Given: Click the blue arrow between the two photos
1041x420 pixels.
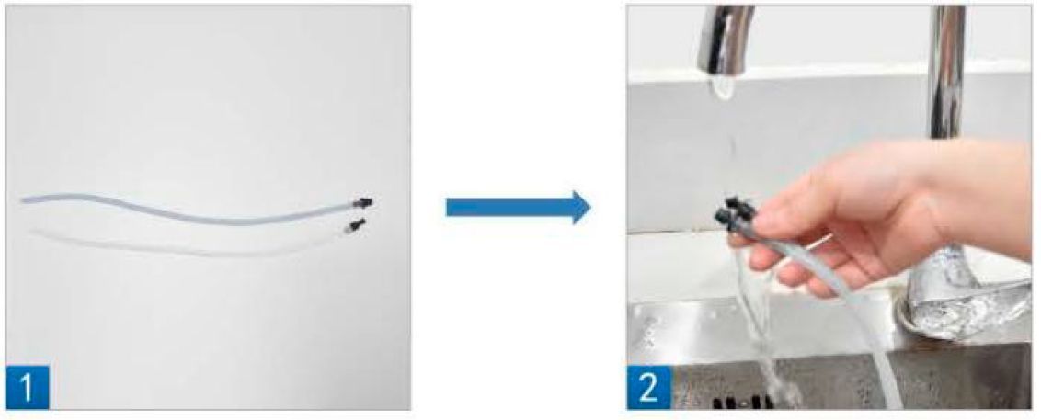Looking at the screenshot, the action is click(x=518, y=209).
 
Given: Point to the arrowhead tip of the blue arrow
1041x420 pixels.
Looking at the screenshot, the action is click(x=590, y=209).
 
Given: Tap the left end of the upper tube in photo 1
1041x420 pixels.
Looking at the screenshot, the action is click(x=22, y=199).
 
